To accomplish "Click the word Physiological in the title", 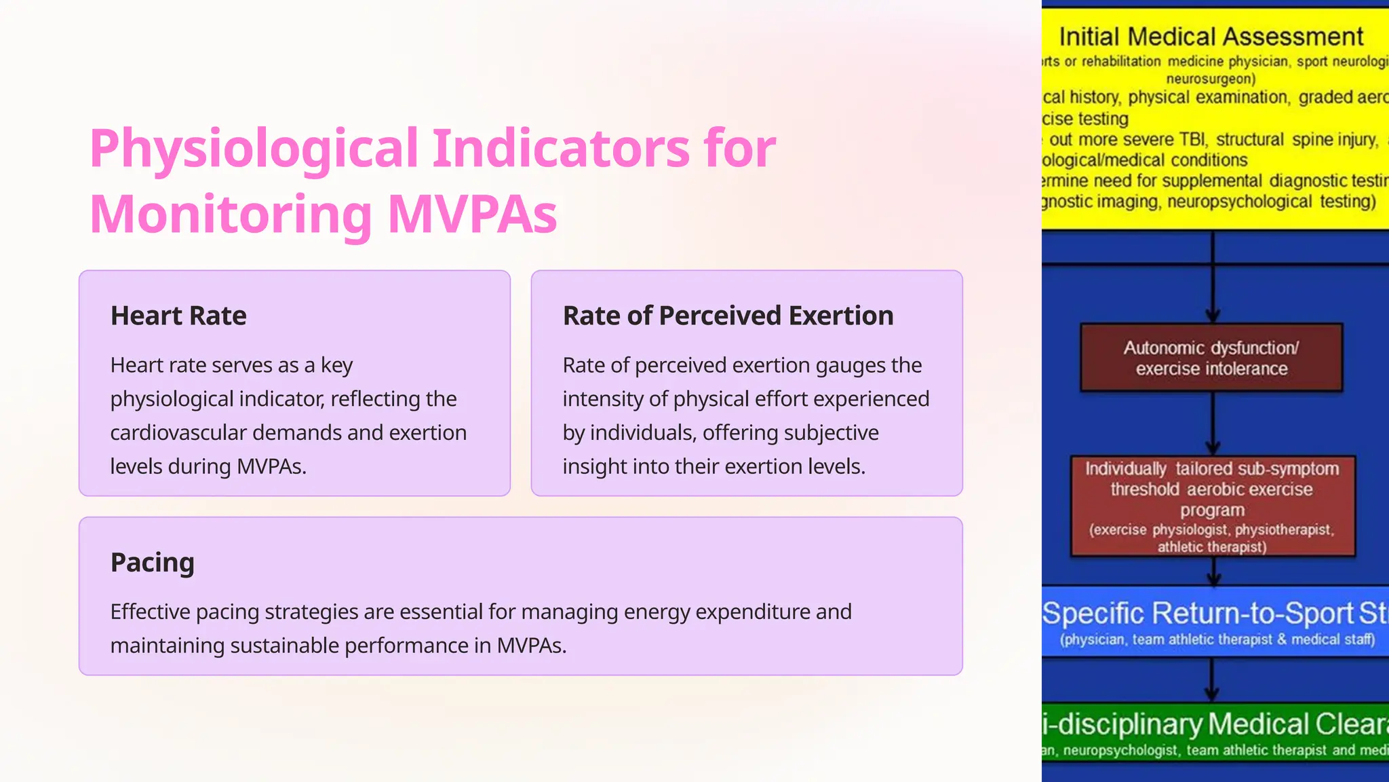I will tap(254, 149).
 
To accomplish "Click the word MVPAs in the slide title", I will tap(472, 215).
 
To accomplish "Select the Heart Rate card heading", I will tap(178, 316).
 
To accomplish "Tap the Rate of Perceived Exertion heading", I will tap(728, 316).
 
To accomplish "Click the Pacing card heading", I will tap(153, 563).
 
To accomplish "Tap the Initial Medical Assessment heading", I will tap(1211, 37).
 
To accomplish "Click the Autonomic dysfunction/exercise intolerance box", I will tap(1211, 358).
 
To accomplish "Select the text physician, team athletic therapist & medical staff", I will tap(1217, 640).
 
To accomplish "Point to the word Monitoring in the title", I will tap(231, 215).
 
